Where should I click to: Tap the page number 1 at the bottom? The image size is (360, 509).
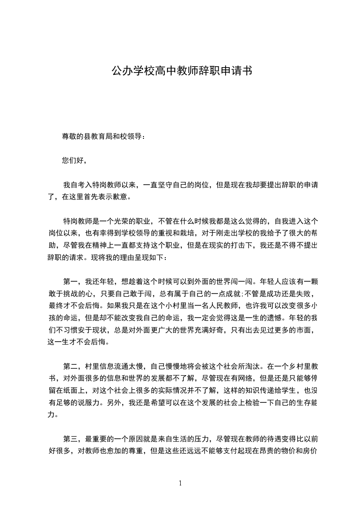pos(181,483)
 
